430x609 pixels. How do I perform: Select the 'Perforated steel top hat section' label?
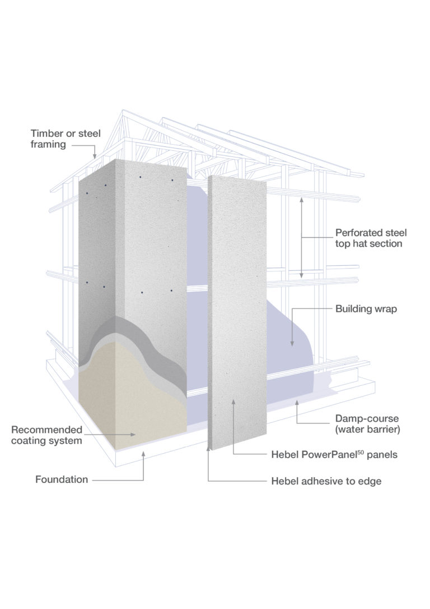pos(371,238)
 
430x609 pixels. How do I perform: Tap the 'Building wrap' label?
pos(366,309)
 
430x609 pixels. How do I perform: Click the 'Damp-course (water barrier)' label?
pos(367,423)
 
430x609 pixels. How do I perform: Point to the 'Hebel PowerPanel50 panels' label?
pos(334,455)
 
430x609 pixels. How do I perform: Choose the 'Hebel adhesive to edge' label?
pos(326,481)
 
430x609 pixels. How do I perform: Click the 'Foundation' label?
pos(62,479)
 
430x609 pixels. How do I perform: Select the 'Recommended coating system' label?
pos(47,435)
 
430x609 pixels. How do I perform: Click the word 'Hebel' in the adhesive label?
pos(284,481)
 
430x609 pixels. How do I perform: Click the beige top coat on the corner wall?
pos(134,404)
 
